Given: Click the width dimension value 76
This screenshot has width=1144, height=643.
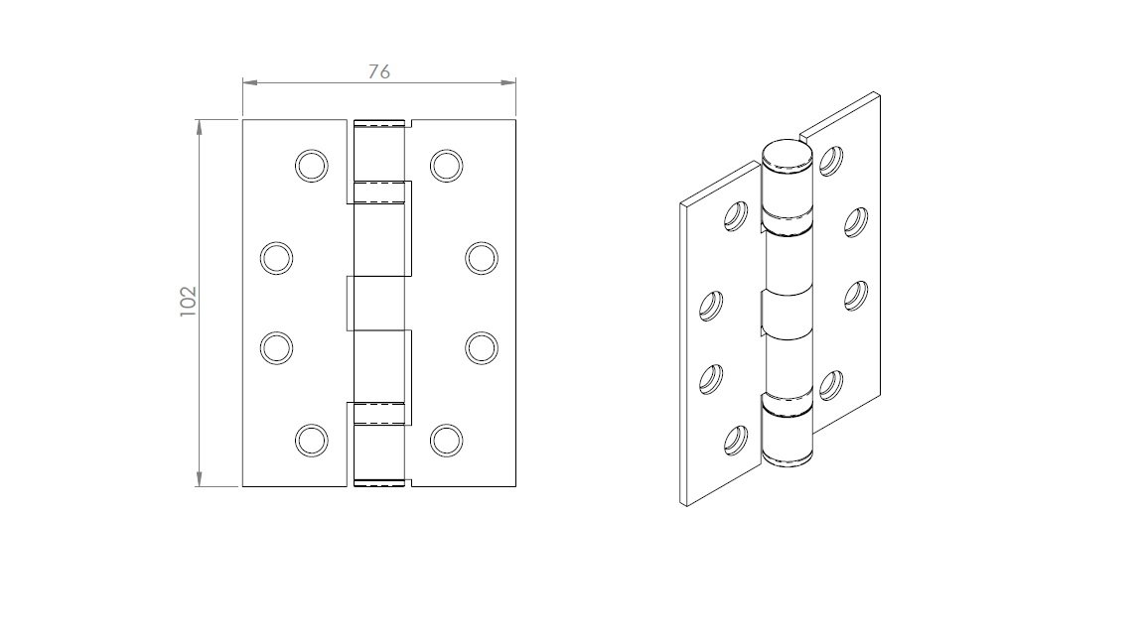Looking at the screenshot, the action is (x=378, y=71).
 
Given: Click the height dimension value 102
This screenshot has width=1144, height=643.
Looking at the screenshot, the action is (x=189, y=301).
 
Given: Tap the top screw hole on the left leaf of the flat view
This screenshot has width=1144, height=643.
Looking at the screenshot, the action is (x=312, y=167).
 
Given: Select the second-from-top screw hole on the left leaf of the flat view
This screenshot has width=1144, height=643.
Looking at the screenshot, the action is (x=276, y=258).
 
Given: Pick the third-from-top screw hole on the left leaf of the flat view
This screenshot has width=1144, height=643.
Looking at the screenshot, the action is (x=276, y=347).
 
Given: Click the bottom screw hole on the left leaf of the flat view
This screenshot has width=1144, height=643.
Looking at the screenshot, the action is (x=312, y=441).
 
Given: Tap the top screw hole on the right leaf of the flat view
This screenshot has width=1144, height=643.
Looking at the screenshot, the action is (x=446, y=167).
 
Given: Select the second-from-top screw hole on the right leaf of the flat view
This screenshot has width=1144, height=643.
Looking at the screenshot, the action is (x=482, y=258).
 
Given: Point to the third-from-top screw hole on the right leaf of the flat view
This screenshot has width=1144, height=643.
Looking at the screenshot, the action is (x=482, y=347).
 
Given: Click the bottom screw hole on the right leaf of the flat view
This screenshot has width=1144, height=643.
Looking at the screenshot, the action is (x=446, y=441).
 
